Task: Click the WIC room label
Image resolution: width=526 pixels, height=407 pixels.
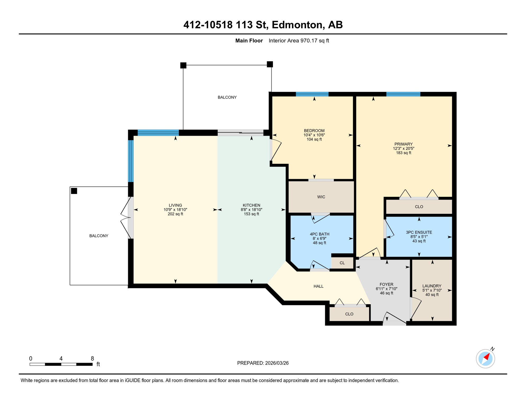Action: (321, 197)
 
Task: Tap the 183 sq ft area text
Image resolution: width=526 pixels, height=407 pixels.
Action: (403, 153)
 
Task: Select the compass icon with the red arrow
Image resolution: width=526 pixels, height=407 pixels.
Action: (485, 359)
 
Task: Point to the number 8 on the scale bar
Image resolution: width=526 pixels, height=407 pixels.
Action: (92, 359)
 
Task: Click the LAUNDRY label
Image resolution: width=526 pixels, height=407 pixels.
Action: (432, 286)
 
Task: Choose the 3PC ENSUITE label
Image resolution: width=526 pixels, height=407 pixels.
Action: (419, 232)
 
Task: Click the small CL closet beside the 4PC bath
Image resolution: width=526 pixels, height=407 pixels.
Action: (342, 263)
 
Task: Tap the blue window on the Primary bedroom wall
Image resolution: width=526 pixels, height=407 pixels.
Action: (403, 94)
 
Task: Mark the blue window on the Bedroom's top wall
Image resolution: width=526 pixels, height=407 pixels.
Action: (312, 94)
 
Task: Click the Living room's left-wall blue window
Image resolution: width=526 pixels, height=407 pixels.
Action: (131, 161)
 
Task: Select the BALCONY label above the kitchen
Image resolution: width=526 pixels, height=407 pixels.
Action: (227, 97)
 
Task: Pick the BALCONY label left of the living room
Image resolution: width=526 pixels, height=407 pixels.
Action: (99, 236)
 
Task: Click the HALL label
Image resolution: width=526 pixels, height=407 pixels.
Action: (318, 286)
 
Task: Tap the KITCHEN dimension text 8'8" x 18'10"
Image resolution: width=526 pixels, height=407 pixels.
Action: (251, 210)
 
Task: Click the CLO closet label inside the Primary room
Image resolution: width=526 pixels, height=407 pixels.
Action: (419, 207)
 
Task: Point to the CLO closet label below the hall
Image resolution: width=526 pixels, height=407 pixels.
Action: (349, 314)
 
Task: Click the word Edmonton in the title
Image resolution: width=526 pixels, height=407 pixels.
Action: (298, 25)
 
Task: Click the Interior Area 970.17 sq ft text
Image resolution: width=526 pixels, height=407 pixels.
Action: (299, 41)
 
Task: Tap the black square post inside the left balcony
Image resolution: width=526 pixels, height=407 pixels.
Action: (74, 191)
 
